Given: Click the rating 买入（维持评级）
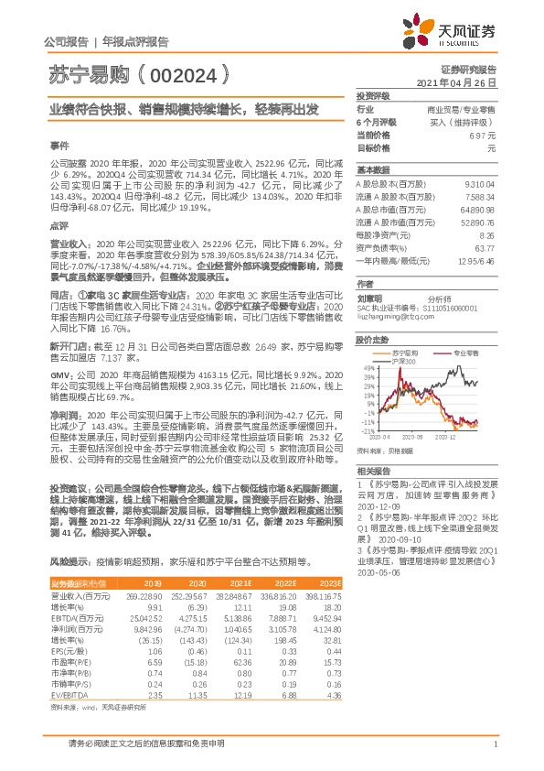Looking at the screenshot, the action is click(463, 121).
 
